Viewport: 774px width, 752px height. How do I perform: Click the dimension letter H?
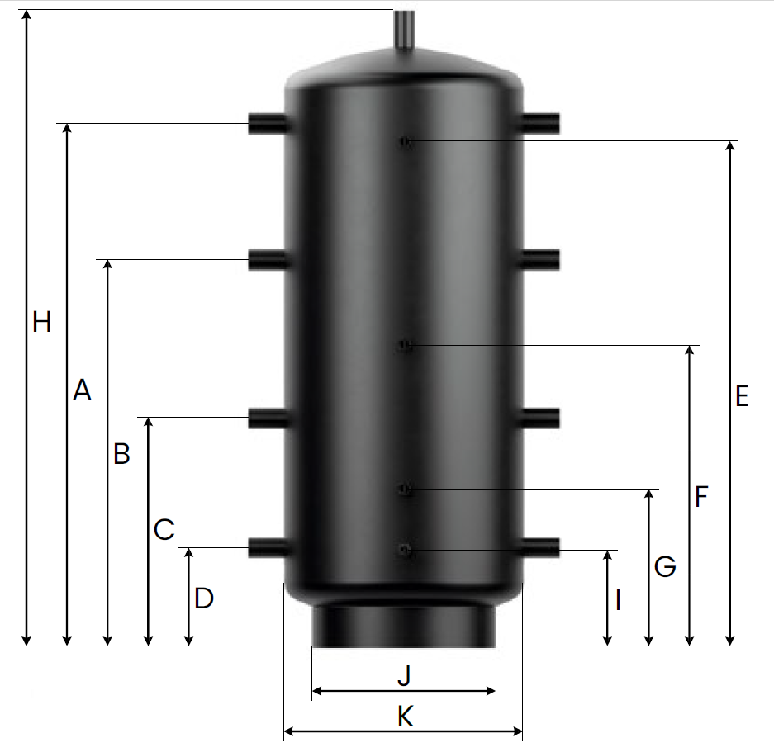41,322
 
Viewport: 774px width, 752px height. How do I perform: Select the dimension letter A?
82,390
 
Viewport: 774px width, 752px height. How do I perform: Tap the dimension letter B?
121,453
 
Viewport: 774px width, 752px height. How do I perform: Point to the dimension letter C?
164,529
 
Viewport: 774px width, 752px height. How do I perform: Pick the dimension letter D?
203,598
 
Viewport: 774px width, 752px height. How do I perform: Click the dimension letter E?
742,395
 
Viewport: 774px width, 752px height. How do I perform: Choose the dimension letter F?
701,496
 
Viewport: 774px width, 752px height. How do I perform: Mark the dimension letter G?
665,566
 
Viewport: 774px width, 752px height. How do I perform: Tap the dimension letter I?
618,600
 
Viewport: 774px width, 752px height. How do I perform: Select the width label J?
404,675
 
